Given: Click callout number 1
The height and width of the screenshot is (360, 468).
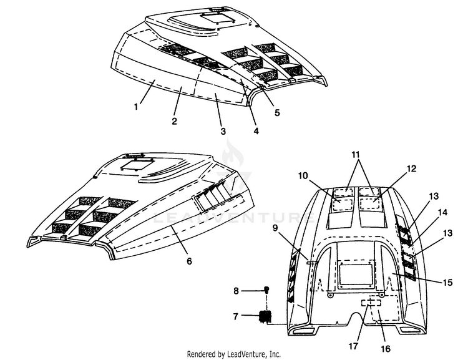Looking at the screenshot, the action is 136,106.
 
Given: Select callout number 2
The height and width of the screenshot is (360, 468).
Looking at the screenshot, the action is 174,121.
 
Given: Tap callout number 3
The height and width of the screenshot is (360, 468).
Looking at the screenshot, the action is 223,132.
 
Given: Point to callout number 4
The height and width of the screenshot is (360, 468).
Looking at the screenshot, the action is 256,131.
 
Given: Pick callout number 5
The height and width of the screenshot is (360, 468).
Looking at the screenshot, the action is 277,112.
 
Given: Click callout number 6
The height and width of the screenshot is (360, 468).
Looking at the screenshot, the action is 189,261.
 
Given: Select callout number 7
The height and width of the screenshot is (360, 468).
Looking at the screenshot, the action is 236,316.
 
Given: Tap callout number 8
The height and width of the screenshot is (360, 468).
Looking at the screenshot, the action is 236,291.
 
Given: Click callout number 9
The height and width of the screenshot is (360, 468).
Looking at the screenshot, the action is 275,228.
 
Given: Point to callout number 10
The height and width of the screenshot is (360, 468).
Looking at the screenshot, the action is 303,175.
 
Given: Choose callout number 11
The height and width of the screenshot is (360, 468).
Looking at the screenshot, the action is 356,154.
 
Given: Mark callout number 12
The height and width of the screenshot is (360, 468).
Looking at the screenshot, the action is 411,168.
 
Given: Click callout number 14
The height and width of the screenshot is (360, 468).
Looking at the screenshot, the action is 442,212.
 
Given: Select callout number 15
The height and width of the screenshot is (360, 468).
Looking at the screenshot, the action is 447,282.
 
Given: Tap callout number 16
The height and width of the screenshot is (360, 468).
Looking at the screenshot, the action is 386,348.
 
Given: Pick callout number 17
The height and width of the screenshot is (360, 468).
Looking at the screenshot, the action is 353,346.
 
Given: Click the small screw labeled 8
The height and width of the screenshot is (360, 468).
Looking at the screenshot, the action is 267,289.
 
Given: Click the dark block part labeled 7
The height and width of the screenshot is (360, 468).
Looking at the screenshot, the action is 265,316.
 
